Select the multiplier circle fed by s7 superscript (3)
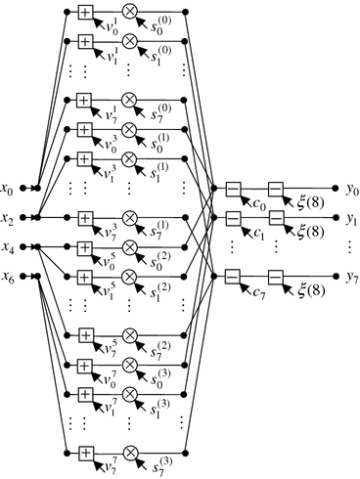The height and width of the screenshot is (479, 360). click(x=129, y=452)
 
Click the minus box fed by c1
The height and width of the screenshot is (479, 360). click(x=233, y=216)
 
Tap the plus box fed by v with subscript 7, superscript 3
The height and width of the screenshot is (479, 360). click(x=85, y=216)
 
